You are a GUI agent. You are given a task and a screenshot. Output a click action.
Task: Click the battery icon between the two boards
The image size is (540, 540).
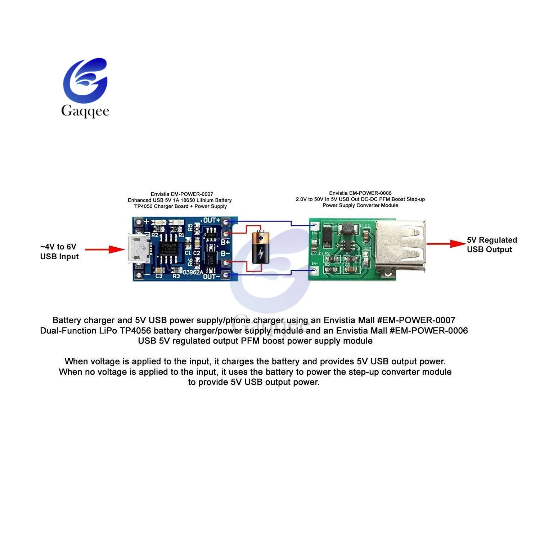(260, 247)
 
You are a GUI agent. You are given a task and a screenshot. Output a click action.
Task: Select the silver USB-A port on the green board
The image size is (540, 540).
(400, 248)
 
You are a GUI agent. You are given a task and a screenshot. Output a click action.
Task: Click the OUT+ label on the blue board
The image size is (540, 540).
(211, 220)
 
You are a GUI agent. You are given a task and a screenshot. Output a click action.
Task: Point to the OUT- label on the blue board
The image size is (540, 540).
(211, 276)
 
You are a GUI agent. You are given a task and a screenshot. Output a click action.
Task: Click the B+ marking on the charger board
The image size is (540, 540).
(225, 242)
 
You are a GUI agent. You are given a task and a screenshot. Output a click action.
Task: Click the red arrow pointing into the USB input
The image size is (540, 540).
(105, 249)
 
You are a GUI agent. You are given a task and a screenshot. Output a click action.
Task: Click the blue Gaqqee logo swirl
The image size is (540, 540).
(85, 81)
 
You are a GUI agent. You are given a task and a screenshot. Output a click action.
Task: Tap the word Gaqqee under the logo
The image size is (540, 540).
(85, 111)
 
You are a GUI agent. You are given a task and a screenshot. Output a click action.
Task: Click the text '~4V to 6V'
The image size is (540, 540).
(58, 247)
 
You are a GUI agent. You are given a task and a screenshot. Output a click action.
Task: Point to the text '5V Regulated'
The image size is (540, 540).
(492, 240)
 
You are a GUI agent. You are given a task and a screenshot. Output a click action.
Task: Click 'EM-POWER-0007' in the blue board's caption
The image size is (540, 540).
(192, 194)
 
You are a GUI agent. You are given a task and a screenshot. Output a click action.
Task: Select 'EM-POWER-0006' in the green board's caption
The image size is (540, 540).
(370, 193)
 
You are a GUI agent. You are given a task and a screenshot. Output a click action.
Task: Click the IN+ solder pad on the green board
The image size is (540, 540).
(315, 226)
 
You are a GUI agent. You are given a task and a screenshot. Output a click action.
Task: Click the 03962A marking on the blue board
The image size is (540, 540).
(193, 272)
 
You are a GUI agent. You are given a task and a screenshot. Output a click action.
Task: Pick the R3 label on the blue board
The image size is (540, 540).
(176, 276)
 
